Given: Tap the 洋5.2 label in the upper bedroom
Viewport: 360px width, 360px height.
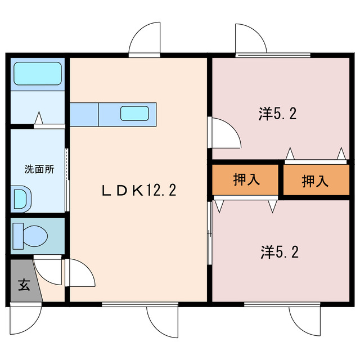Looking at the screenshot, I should click(278, 114).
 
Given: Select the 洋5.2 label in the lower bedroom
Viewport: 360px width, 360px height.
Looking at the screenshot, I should click(279, 251).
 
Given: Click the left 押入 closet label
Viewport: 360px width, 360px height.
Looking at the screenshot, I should click(246, 180).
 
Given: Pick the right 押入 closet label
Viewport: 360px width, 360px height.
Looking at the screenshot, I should click(315, 181).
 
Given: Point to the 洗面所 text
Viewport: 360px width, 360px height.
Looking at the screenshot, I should click(39, 169).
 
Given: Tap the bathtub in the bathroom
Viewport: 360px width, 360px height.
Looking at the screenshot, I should click(37, 74).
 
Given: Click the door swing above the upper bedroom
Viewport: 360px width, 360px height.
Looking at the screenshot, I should click(251, 39).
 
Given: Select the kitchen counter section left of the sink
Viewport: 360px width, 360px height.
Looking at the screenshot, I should click(84, 114).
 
